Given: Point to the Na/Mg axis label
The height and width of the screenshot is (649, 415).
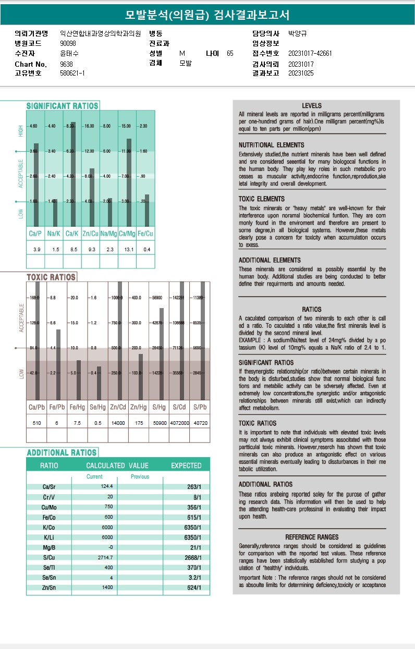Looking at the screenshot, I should (108, 234).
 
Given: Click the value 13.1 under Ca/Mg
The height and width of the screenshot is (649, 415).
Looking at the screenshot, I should (127, 250).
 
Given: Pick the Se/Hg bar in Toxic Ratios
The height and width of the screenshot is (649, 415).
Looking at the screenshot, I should (99, 383).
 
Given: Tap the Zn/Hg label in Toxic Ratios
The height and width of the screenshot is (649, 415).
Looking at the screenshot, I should (139, 407).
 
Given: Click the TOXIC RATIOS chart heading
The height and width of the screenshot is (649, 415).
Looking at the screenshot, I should (51, 277).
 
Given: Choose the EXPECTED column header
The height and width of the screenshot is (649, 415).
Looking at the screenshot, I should (186, 466).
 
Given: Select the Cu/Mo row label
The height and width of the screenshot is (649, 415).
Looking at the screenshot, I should (50, 507).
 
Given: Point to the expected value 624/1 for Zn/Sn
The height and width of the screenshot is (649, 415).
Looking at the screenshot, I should (194, 588).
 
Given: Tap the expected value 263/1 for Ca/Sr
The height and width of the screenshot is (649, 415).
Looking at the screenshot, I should (194, 487).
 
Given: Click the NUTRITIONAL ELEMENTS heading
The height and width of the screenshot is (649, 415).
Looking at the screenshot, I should (271, 145).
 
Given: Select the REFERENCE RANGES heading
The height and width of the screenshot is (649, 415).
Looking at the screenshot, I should (312, 537).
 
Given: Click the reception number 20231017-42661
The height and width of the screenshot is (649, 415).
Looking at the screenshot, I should (310, 54).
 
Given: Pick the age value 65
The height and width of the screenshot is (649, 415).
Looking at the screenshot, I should (230, 54).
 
